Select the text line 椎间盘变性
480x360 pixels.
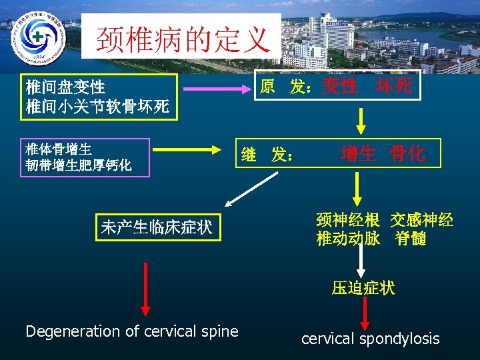pos(65,87)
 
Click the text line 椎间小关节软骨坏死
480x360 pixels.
pos(97,106)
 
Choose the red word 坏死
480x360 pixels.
pos(394,85)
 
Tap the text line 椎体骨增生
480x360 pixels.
pos(59,149)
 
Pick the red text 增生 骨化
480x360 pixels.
pos(382,154)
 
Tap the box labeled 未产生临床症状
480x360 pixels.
pos(157,227)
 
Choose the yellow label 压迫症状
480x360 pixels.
pos(363,287)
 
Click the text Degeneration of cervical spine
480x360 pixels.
pos(131,331)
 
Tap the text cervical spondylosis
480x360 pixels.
pos(370,339)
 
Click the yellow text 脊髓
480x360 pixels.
pos(410,239)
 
